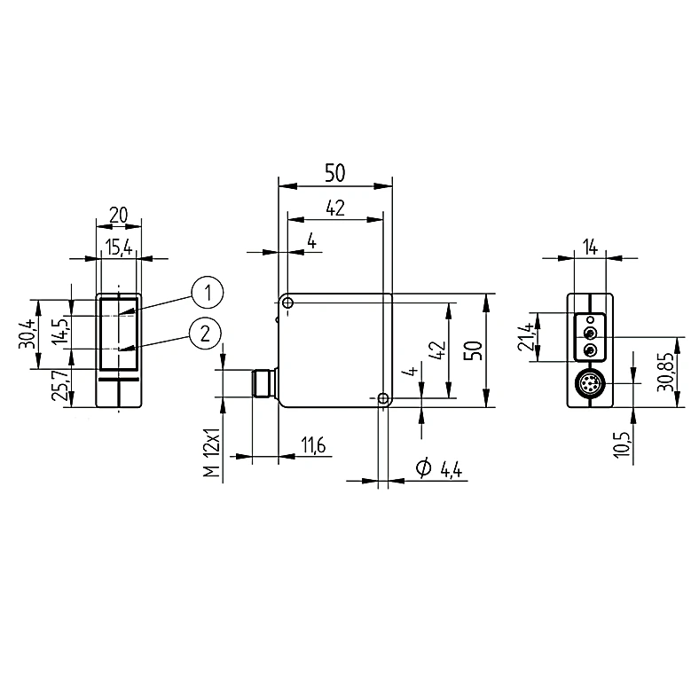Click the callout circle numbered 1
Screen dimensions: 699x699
tap(208, 293)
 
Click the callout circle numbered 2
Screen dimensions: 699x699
tap(205, 334)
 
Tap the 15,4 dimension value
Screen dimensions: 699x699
tap(119, 247)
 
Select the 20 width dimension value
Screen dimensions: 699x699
tap(119, 215)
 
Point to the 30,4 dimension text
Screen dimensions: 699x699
tap(27, 334)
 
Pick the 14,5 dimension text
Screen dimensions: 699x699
tap(59, 332)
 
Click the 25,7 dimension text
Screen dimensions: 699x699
tap(60, 386)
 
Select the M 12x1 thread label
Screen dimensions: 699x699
tap(212, 453)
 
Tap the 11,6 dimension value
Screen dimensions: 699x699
tap(313, 445)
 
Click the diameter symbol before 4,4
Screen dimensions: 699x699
tap(423, 467)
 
